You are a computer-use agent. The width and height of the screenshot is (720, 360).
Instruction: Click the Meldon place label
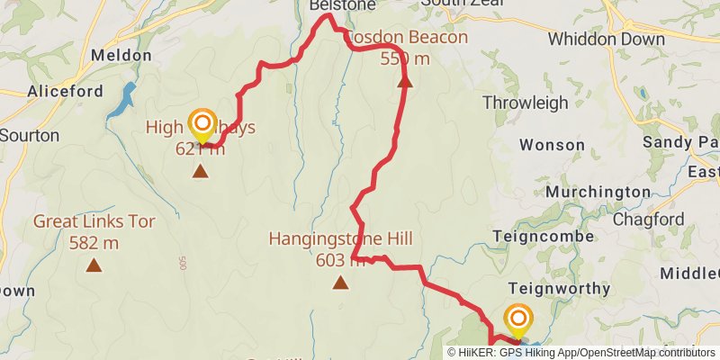[121, 56]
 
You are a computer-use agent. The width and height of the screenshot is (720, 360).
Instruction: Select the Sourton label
[29, 136]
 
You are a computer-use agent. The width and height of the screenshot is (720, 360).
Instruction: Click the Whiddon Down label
[606, 40]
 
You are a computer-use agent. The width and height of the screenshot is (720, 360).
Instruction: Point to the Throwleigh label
[526, 103]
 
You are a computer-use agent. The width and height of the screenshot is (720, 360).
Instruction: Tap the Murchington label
[598, 192]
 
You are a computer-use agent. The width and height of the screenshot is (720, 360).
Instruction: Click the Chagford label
[648, 220]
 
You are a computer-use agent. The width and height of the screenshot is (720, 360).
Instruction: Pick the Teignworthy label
[559, 289]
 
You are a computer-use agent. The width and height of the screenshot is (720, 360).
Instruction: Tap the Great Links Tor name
[94, 221]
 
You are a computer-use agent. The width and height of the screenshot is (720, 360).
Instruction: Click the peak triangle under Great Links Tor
[94, 265]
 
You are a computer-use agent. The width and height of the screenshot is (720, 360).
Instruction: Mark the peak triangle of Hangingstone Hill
[340, 283]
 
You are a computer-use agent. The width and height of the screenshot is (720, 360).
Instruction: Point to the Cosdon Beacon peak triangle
[405, 81]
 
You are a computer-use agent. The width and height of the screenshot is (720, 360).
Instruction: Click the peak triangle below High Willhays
[200, 171]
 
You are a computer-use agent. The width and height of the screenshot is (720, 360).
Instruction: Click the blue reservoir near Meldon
[121, 101]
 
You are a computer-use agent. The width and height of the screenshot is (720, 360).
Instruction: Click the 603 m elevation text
[340, 261]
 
